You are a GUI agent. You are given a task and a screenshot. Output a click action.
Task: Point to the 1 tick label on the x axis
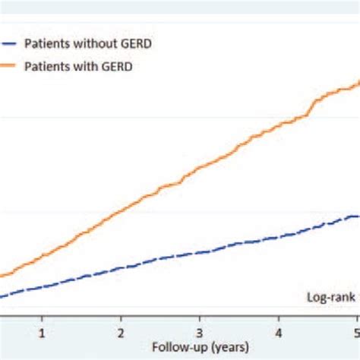[43, 332]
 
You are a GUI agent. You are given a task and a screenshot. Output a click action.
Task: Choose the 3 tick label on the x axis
[200, 332]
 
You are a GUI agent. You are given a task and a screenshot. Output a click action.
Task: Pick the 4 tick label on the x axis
[279, 332]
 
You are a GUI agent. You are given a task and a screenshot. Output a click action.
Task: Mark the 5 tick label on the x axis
[355, 332]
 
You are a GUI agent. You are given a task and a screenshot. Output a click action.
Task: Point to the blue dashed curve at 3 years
[200, 252]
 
